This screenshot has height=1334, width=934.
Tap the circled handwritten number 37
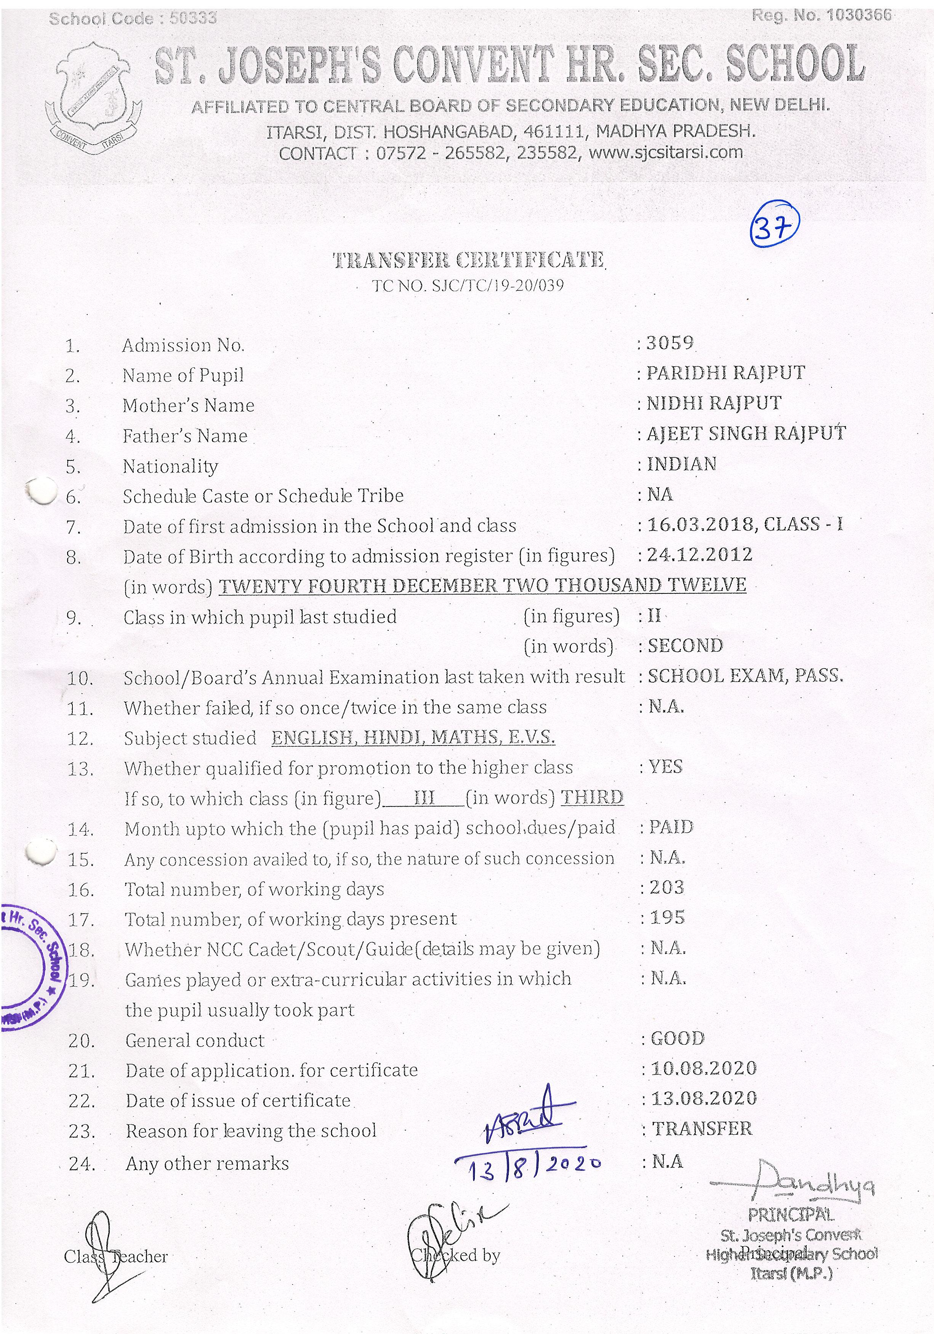click(x=775, y=224)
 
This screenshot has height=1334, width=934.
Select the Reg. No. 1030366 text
click(x=821, y=15)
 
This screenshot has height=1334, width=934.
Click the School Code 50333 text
click(x=133, y=19)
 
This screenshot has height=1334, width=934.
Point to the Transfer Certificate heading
click(x=468, y=260)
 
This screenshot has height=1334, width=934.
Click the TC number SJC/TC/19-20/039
click(x=468, y=285)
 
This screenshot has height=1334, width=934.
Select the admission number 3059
click(x=670, y=343)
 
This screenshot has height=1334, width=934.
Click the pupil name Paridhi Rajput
click(x=726, y=373)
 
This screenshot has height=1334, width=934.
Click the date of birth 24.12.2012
click(x=700, y=555)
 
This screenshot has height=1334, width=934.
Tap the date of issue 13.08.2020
click(x=704, y=1099)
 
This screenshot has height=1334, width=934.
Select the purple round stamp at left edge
click(x=32, y=967)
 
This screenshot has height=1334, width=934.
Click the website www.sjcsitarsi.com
click(x=666, y=153)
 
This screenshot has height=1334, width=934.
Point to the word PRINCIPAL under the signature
click(x=791, y=1215)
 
